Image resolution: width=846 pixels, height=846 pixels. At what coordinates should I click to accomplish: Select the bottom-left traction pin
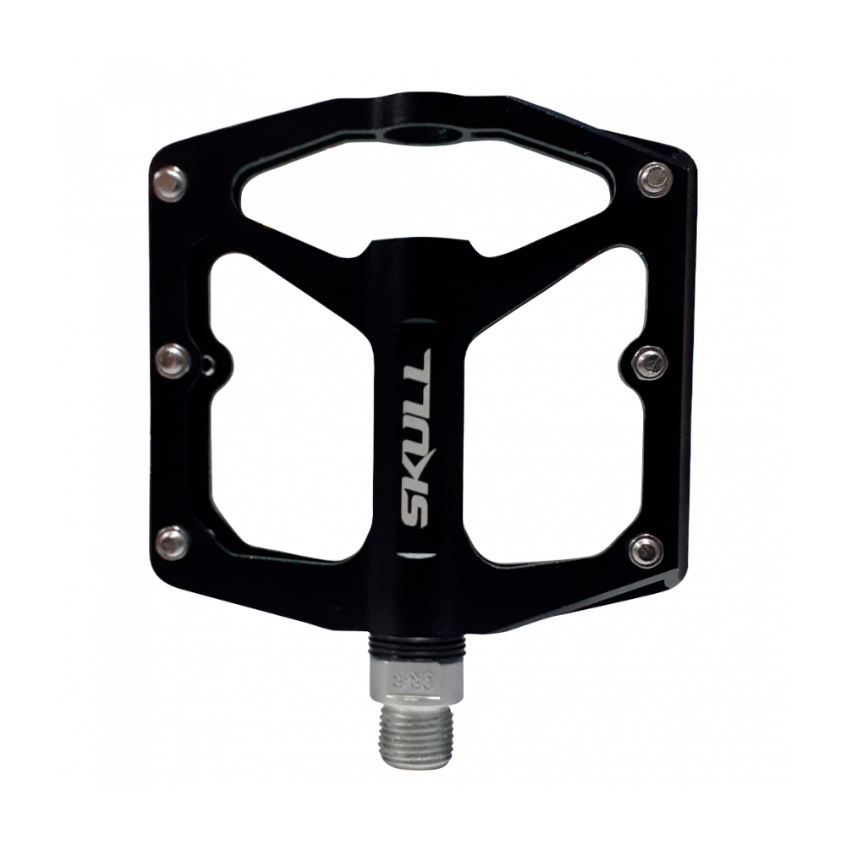(x=173, y=539)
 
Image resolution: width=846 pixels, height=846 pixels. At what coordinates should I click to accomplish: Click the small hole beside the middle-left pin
(x=207, y=368)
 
